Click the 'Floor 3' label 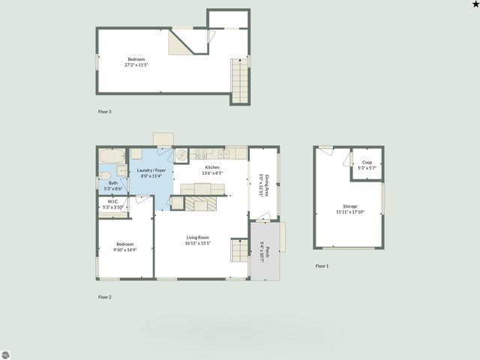pyautogui.click(x=105, y=112)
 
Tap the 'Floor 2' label pyautogui.click(x=105, y=297)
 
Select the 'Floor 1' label pyautogui.click(x=322, y=266)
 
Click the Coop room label pyautogui.click(x=367, y=162)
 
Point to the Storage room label pyautogui.click(x=350, y=205)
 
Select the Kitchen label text pyautogui.click(x=212, y=167)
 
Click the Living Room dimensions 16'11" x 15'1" pyautogui.click(x=199, y=243)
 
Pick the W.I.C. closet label pyautogui.click(x=113, y=201)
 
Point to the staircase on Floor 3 pyautogui.click(x=239, y=81)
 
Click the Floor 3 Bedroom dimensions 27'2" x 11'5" pyautogui.click(x=136, y=65)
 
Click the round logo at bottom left pyautogui.click(x=7, y=353)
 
